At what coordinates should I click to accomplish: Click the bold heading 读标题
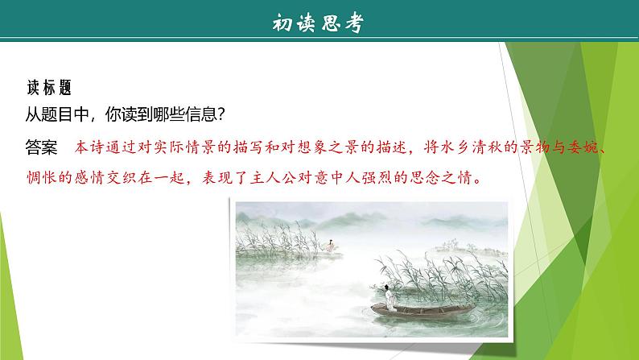(49, 86)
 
